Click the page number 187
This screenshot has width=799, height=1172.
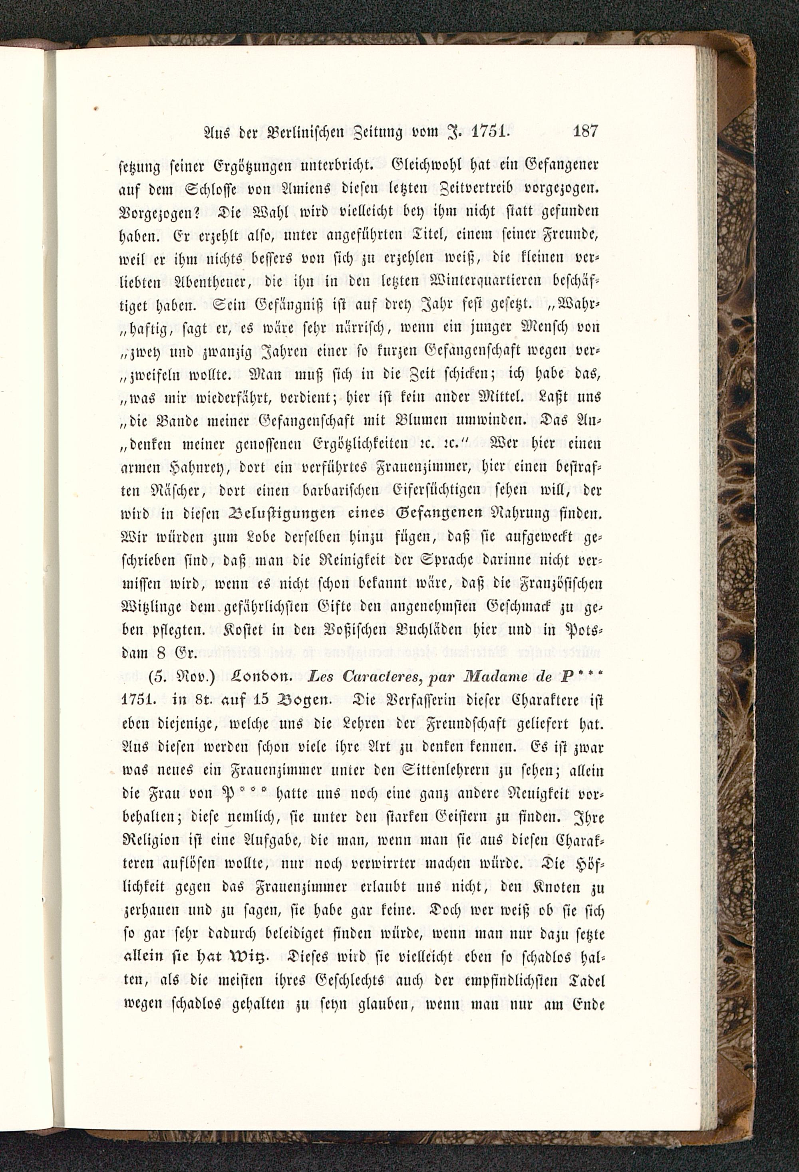[x=585, y=132]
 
